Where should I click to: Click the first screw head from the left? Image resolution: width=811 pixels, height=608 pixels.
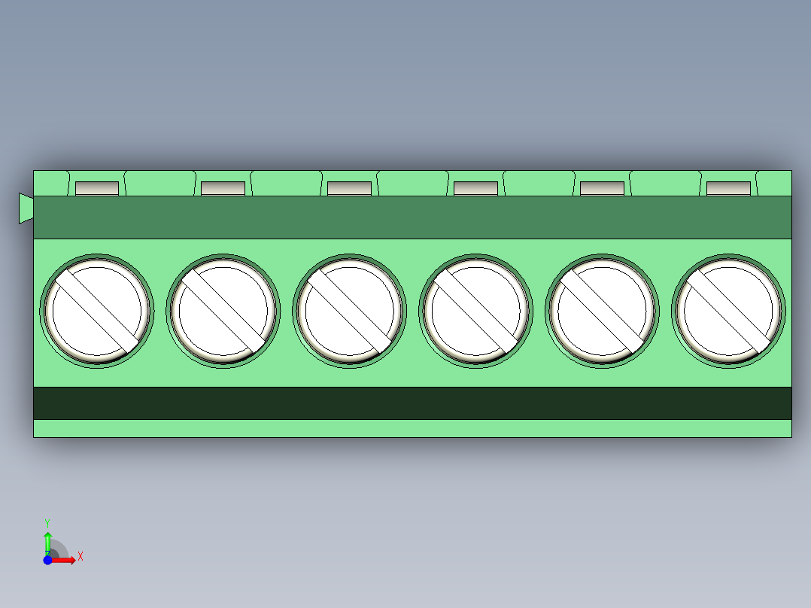coord(96,311)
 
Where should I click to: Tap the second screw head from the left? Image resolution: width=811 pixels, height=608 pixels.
coord(223,311)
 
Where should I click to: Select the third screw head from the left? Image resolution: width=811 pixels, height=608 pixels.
coord(349,311)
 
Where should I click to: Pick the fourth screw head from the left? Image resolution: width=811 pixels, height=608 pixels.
coord(475,311)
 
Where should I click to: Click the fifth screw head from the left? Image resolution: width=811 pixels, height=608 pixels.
coord(602,311)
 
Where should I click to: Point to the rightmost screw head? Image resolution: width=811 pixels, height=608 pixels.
coord(728,311)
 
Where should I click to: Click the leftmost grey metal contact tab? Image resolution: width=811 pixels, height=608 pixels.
coord(97,188)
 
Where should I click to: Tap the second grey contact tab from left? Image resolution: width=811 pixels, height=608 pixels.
coord(223,188)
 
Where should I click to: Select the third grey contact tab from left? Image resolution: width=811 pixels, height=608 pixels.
coord(349,188)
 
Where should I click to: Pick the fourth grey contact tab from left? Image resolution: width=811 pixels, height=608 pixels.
coord(475,188)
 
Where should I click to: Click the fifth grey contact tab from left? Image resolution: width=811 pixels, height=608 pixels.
coord(602,188)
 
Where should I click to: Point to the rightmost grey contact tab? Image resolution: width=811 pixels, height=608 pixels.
coord(728,188)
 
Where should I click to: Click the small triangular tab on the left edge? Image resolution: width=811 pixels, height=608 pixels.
coord(26,208)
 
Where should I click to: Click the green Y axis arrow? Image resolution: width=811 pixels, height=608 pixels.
coord(47,543)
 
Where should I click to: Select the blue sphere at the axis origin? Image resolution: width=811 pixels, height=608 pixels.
coord(47,560)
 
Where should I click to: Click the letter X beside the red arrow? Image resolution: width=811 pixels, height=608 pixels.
coord(80,557)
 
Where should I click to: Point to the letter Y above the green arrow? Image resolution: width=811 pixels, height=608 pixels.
coord(47,522)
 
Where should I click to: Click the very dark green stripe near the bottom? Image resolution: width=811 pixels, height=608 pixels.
coord(412,403)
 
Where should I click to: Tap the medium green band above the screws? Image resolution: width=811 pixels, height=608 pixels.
coord(412,217)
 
